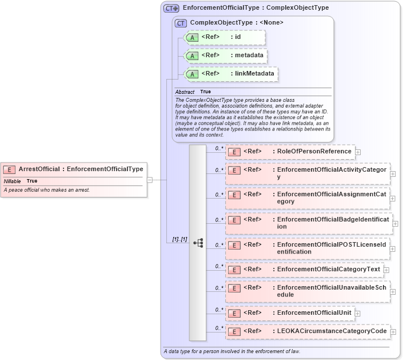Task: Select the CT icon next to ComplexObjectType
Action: click(x=181, y=23)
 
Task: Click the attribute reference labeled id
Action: click(x=225, y=37)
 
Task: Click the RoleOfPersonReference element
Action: click(x=290, y=152)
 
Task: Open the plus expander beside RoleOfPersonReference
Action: click(x=358, y=152)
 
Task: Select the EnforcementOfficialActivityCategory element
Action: click(x=308, y=173)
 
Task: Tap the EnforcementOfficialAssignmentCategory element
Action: click(x=308, y=198)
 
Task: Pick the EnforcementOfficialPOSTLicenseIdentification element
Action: click(x=308, y=248)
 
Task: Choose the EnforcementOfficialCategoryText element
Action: click(x=305, y=270)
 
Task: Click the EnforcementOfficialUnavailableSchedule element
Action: click(x=308, y=291)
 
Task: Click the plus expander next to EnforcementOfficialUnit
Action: click(x=358, y=314)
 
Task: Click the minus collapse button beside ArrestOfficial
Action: click(x=150, y=179)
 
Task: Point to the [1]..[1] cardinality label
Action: click(x=179, y=239)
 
